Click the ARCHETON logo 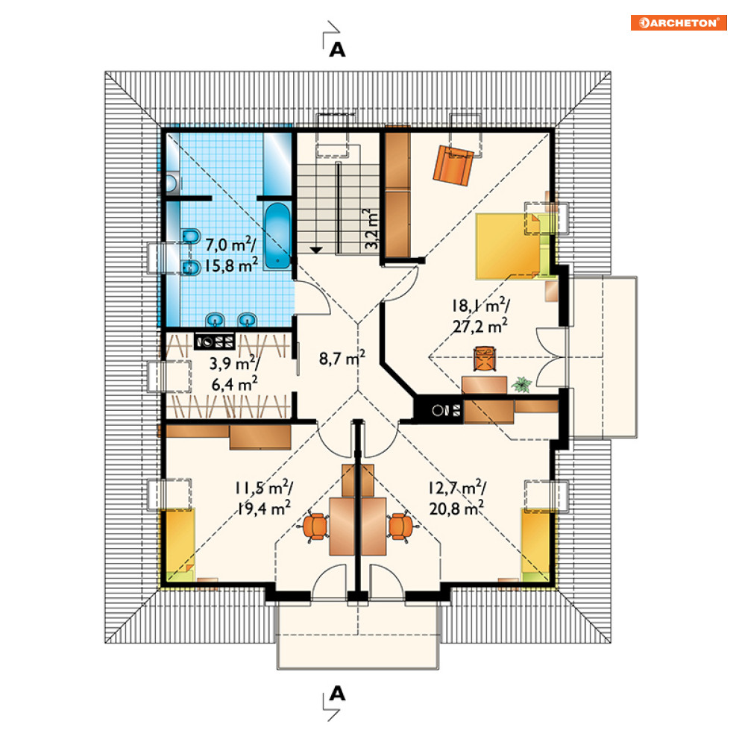(x=678, y=22)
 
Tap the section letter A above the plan (x=337, y=50)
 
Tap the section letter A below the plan (x=337, y=694)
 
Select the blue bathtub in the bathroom (x=277, y=236)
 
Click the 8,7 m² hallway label (x=342, y=358)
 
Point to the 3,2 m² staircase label (x=371, y=229)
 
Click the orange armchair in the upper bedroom (x=453, y=166)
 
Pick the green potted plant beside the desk (x=522, y=385)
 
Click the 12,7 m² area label (x=457, y=488)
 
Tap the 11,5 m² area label (x=263, y=488)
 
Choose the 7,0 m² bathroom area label (x=230, y=245)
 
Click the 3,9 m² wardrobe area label (x=234, y=363)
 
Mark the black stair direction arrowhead (x=315, y=250)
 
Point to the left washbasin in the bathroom (x=216, y=320)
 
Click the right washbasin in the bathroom (x=247, y=320)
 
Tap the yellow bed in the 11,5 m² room (x=178, y=545)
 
